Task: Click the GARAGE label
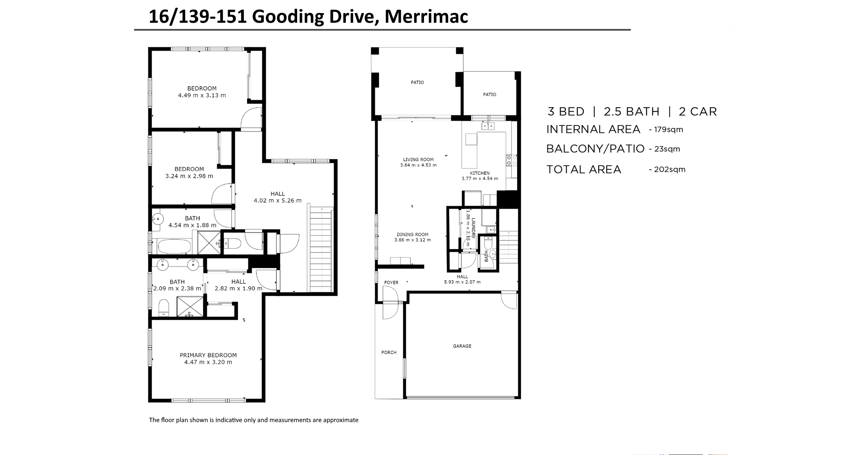(462, 346)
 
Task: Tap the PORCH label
(389, 353)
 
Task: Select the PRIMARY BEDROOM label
(208, 355)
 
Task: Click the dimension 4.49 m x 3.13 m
(202, 95)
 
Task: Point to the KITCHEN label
(480, 173)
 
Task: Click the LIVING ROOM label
(418, 160)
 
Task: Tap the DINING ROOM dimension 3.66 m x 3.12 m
(413, 240)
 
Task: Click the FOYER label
(391, 283)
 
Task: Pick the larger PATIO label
(417, 82)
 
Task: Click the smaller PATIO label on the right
(489, 95)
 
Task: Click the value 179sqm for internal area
(668, 130)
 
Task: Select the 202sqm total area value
(669, 169)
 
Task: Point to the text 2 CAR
(698, 112)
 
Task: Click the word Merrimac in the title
(426, 17)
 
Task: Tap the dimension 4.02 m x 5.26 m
(278, 201)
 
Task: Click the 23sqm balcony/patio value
(667, 149)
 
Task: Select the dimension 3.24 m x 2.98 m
(189, 176)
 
